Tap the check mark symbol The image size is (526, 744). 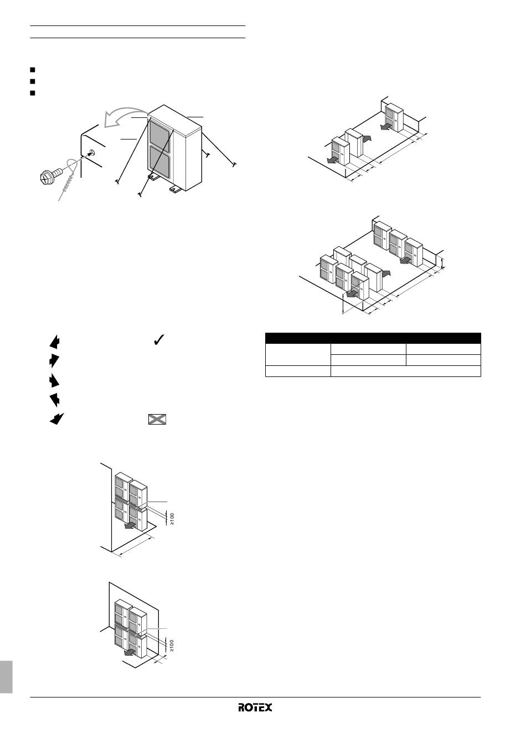pyautogui.click(x=159, y=340)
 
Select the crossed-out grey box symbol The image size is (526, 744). pyautogui.click(x=157, y=420)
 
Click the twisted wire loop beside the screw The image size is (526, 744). pyautogui.click(x=69, y=179)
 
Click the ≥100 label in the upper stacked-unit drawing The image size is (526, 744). pyautogui.click(x=172, y=519)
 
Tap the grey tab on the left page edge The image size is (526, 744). pyautogui.click(x=6, y=681)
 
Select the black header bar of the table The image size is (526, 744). pyautogui.click(x=373, y=338)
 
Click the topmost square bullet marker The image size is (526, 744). pyautogui.click(x=32, y=70)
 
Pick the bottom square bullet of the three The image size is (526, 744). pyautogui.click(x=32, y=93)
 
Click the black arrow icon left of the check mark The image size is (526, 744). pyautogui.click(x=55, y=342)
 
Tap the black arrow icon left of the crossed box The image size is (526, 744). pyautogui.click(x=57, y=419)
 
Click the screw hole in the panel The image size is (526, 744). pyautogui.click(x=92, y=153)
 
